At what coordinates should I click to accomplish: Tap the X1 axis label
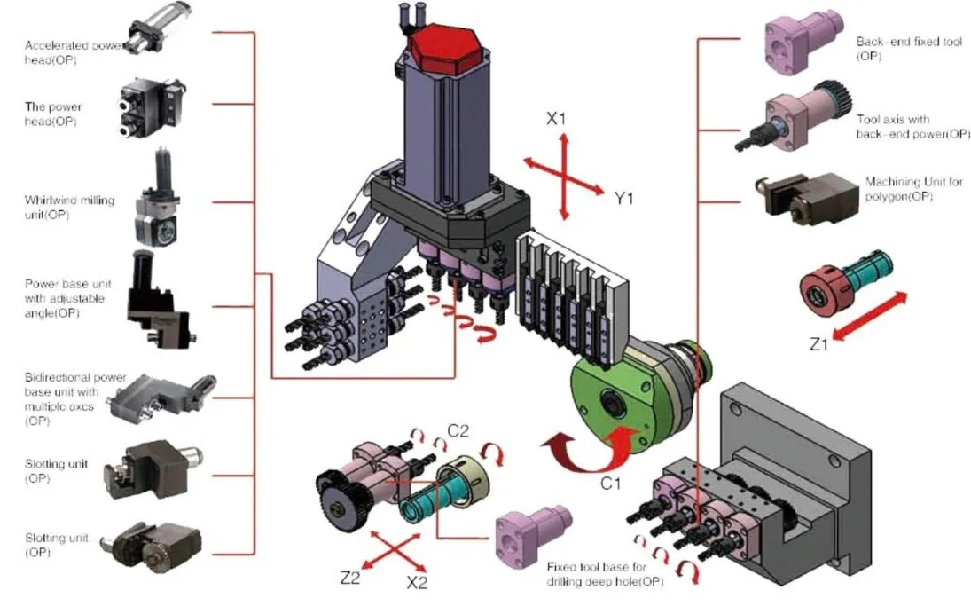point(556,118)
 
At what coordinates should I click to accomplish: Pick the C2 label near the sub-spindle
point(458,431)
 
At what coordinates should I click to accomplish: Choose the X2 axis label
point(418,584)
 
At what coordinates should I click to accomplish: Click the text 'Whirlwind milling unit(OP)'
point(70,207)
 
